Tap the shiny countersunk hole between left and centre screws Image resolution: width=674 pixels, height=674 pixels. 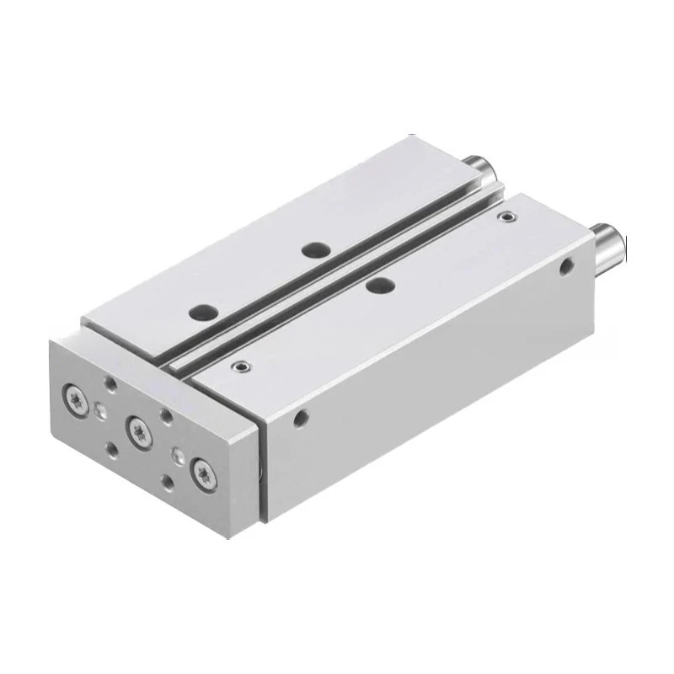pyautogui.click(x=102, y=411)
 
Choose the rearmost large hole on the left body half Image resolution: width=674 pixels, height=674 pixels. pyautogui.click(x=315, y=249)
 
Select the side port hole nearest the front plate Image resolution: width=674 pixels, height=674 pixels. pyautogui.click(x=300, y=416)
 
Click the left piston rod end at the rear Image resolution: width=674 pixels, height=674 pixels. pyautogui.click(x=487, y=168)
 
